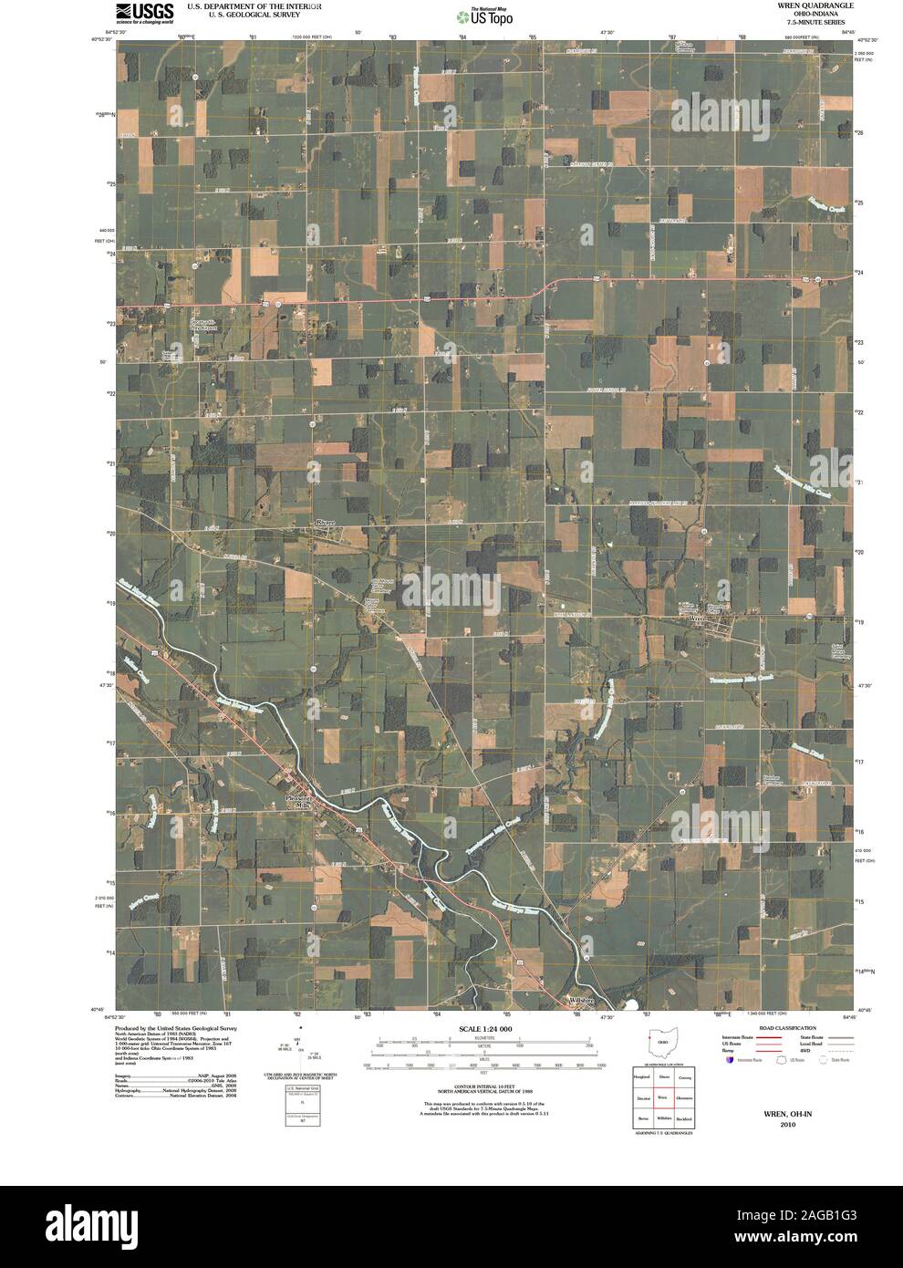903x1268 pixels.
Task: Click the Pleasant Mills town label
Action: coord(298,802)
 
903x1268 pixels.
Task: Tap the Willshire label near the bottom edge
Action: coord(581,1001)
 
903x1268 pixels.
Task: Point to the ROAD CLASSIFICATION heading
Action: coord(782,1028)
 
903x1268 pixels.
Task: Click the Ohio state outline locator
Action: coord(663,1042)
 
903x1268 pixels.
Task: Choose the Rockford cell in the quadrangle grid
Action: coord(684,1118)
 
